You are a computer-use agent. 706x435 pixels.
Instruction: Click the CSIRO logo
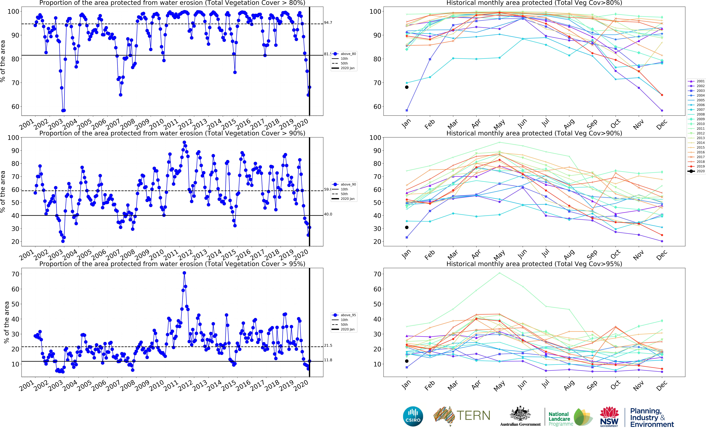click(x=413, y=416)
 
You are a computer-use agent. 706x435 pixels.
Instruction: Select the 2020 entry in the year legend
click(x=700, y=171)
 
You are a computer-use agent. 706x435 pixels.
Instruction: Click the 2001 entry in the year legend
click(x=700, y=81)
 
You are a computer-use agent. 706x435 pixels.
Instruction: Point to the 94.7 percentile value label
click(x=328, y=22)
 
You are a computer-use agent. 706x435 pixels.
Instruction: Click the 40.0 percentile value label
click(x=328, y=214)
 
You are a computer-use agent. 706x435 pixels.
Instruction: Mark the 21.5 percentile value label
click(x=328, y=345)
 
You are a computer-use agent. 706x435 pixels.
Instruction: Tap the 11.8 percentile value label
click(x=328, y=360)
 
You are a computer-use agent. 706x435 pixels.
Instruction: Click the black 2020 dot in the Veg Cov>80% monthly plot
click(x=407, y=87)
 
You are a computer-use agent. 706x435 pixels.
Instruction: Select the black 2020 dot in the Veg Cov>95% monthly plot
click(x=407, y=361)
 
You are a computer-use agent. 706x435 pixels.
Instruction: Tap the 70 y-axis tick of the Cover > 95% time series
click(x=15, y=274)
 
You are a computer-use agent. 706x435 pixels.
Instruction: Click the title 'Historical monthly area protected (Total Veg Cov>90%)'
click(x=534, y=133)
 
